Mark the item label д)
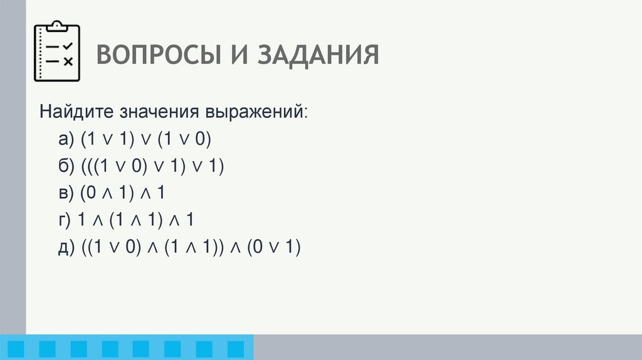65,247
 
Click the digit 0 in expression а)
200,139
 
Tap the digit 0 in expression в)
92,193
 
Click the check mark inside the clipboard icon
68,46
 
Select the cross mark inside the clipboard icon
68,61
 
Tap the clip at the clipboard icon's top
57,26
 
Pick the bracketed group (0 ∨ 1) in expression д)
273,247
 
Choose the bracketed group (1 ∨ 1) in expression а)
108,139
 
